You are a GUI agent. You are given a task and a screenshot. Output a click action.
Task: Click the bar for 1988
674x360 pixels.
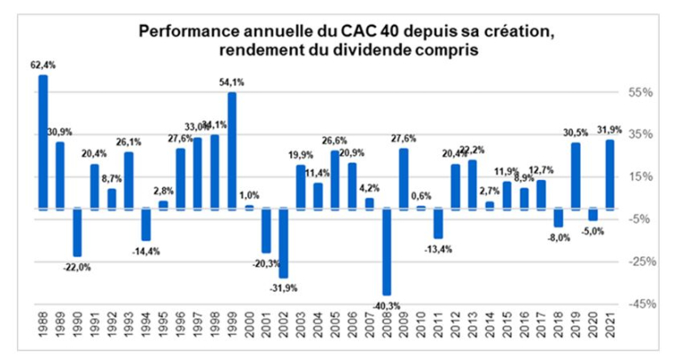[x=43, y=142]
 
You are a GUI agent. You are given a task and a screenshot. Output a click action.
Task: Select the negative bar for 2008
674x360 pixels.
[x=387, y=252]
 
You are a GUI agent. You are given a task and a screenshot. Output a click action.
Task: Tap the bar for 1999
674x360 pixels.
[x=232, y=151]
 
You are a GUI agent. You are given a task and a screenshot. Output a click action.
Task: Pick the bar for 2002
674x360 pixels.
[x=284, y=243]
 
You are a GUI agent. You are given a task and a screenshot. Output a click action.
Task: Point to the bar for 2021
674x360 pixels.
[x=610, y=175]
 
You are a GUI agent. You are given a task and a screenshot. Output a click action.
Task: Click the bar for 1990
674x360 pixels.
[x=77, y=232]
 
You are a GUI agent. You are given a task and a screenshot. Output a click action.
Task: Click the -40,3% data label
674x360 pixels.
[x=387, y=306]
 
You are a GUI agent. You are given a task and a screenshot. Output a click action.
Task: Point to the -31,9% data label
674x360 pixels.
[x=284, y=288]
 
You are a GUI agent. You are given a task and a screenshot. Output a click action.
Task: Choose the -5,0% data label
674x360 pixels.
[x=592, y=231]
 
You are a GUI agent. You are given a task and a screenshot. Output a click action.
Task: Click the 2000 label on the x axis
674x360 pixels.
[x=249, y=334]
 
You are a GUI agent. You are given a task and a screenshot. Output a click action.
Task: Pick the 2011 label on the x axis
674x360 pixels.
[x=438, y=334]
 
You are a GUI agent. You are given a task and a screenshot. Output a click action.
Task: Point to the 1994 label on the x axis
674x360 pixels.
[x=146, y=334]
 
